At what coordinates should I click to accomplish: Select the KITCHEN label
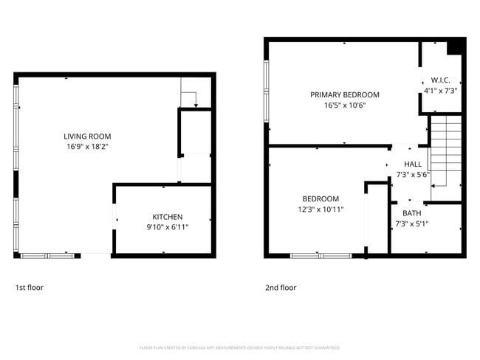pos(167,217)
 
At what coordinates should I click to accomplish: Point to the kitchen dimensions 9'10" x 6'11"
pos(167,227)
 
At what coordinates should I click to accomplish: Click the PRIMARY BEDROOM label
pos(344,94)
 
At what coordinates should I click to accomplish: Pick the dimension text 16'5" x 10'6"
pos(344,105)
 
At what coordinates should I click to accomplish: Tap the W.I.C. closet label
pos(440,80)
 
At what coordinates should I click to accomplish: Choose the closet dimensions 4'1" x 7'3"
pos(440,91)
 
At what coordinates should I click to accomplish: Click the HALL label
pos(413,164)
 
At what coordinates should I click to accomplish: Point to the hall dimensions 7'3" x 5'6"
pos(413,175)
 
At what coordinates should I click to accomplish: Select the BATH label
pos(411,213)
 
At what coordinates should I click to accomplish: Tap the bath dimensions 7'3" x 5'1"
pos(411,224)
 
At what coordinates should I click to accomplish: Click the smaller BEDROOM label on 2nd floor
pos(320,198)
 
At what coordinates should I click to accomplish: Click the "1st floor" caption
pos(30,288)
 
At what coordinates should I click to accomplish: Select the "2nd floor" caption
pos(281,288)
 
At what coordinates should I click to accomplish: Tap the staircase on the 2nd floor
pos(445,152)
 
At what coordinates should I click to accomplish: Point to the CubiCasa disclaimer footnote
pos(239,347)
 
